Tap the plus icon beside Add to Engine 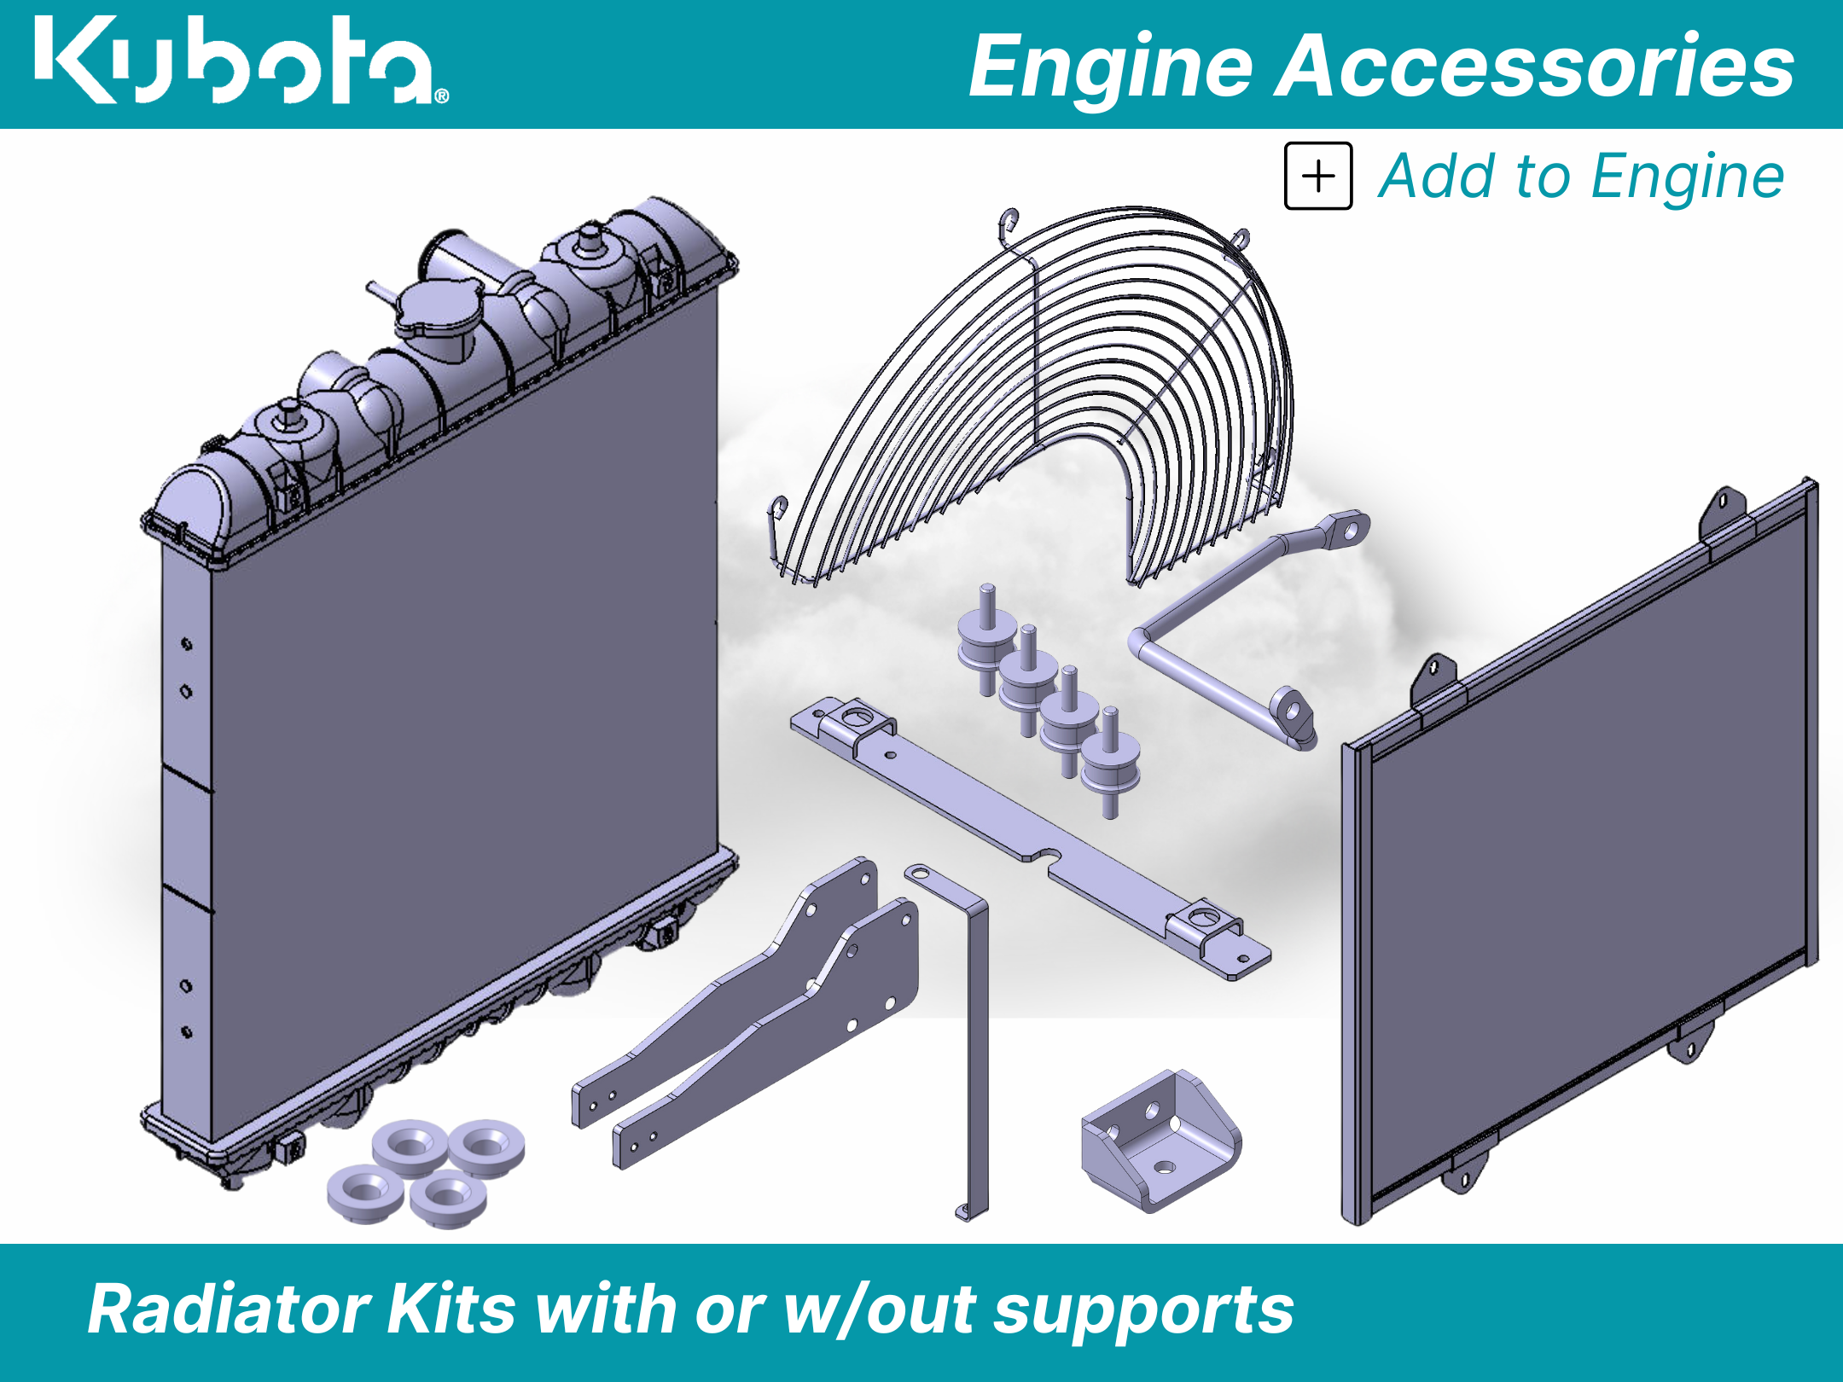point(1318,177)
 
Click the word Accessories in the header point(1535,66)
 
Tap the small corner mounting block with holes point(1160,1139)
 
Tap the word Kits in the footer point(452,1310)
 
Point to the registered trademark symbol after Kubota point(441,96)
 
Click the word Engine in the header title point(1109,66)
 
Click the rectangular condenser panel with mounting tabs point(1578,853)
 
